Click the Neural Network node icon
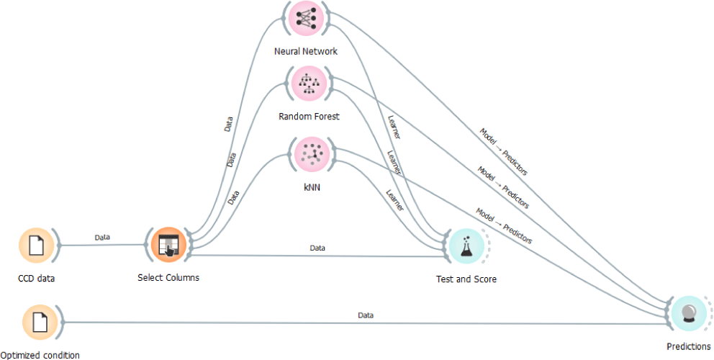306,19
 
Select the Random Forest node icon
307,84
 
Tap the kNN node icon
312,153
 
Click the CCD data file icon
36,246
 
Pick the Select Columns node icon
168,245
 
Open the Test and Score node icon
466,246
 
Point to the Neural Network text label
306,52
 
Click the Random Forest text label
309,116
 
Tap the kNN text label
312,186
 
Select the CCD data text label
36,278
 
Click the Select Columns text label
168,277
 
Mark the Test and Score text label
466,279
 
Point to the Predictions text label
688,347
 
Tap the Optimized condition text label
40,354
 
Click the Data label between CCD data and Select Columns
102,237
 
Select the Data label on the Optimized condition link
366,315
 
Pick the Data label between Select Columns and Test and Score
317,248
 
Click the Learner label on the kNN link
394,199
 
